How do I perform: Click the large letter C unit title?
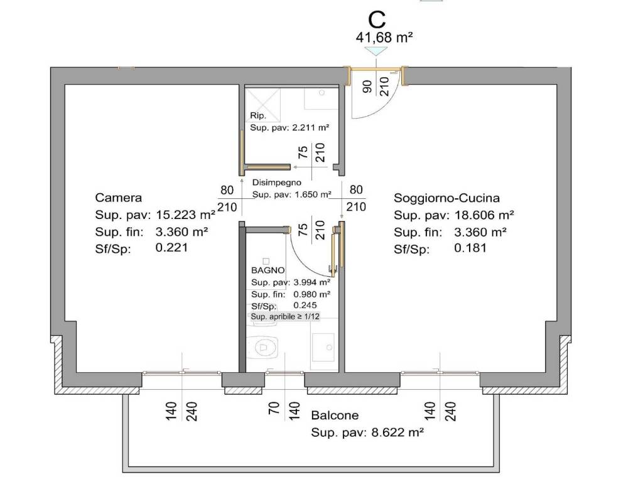pos(377,19)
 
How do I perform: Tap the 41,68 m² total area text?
pos(384,38)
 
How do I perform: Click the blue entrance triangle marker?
pos(377,51)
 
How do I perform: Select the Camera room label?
pos(119,198)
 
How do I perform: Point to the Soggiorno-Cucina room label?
pos(446,198)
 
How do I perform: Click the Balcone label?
pos(335,415)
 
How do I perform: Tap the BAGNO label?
pos(267,270)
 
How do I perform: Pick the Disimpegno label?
pos(276,183)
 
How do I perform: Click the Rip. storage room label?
pos(258,115)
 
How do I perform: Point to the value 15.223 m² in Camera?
pos(186,215)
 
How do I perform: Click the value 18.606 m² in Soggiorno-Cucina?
pos(484,215)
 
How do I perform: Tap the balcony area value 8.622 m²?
pos(397,432)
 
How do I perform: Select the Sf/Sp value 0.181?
pos(470,248)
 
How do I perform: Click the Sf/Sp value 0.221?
pos(171,247)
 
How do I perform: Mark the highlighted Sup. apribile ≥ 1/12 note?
pos(285,316)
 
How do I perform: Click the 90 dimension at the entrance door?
pos(368,87)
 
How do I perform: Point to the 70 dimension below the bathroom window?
pos(274,408)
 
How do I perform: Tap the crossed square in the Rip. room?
pos(263,105)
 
